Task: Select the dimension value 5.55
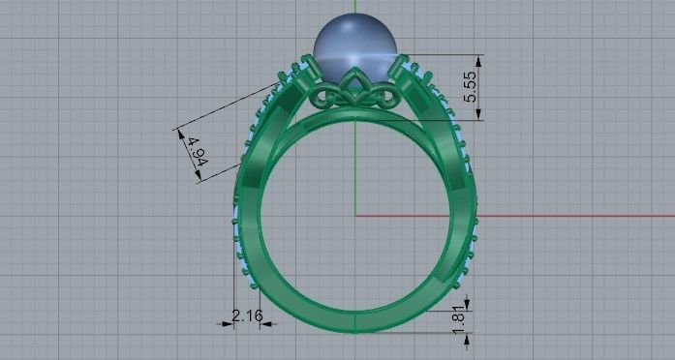click(x=471, y=86)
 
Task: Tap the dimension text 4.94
click(x=197, y=152)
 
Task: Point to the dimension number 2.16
click(x=248, y=315)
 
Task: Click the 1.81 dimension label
click(x=460, y=316)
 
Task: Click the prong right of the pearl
click(x=400, y=70)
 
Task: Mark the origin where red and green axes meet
click(x=355, y=215)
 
